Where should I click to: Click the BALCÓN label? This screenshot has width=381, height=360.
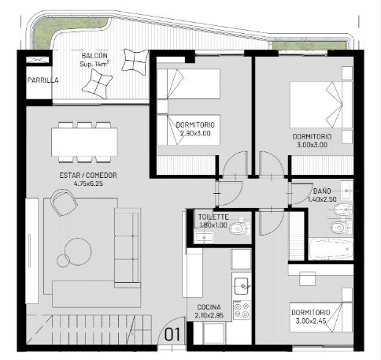pos(94,56)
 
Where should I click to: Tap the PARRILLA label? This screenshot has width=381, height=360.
pos(43,80)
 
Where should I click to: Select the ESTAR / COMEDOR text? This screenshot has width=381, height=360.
pos(88,176)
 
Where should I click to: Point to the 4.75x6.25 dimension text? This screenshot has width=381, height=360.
pos(88,184)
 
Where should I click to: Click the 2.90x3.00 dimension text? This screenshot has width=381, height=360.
pos(195,133)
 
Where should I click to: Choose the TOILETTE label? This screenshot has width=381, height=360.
pos(213,217)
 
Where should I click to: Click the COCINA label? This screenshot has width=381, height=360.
pos(209,307)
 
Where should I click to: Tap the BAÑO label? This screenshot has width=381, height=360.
pos(322,191)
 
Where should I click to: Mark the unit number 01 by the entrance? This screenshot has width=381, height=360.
pos(172,335)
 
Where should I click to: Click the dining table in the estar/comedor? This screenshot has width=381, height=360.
pos(84,142)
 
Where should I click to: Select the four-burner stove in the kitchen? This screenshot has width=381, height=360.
pos(242,310)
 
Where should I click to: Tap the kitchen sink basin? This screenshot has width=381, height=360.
pos(242,286)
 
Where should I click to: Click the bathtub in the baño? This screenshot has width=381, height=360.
pos(331,249)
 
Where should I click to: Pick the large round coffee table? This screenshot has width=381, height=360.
pos(78,251)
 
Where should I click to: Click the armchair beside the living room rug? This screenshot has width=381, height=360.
pos(65,202)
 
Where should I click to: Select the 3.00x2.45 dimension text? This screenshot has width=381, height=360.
pos(311,321)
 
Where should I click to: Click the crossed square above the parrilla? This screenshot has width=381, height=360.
pos(38,60)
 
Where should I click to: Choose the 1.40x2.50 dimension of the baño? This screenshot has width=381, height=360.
pos(322,199)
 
